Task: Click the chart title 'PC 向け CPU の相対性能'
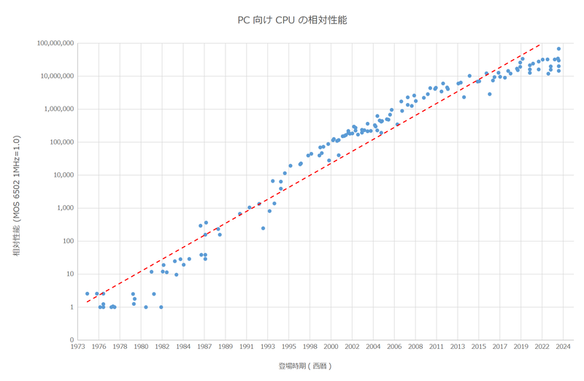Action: (292, 20)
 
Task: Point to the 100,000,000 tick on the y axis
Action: (55, 43)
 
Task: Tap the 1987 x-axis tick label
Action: (205, 347)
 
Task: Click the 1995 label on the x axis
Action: (289, 347)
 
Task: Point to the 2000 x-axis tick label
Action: (331, 347)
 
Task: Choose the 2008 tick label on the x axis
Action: (415, 347)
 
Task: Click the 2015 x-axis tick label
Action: (478, 347)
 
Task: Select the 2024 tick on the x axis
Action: (562, 347)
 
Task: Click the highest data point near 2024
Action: (558, 49)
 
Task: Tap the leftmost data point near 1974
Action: (87, 294)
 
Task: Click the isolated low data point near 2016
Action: (489, 94)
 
